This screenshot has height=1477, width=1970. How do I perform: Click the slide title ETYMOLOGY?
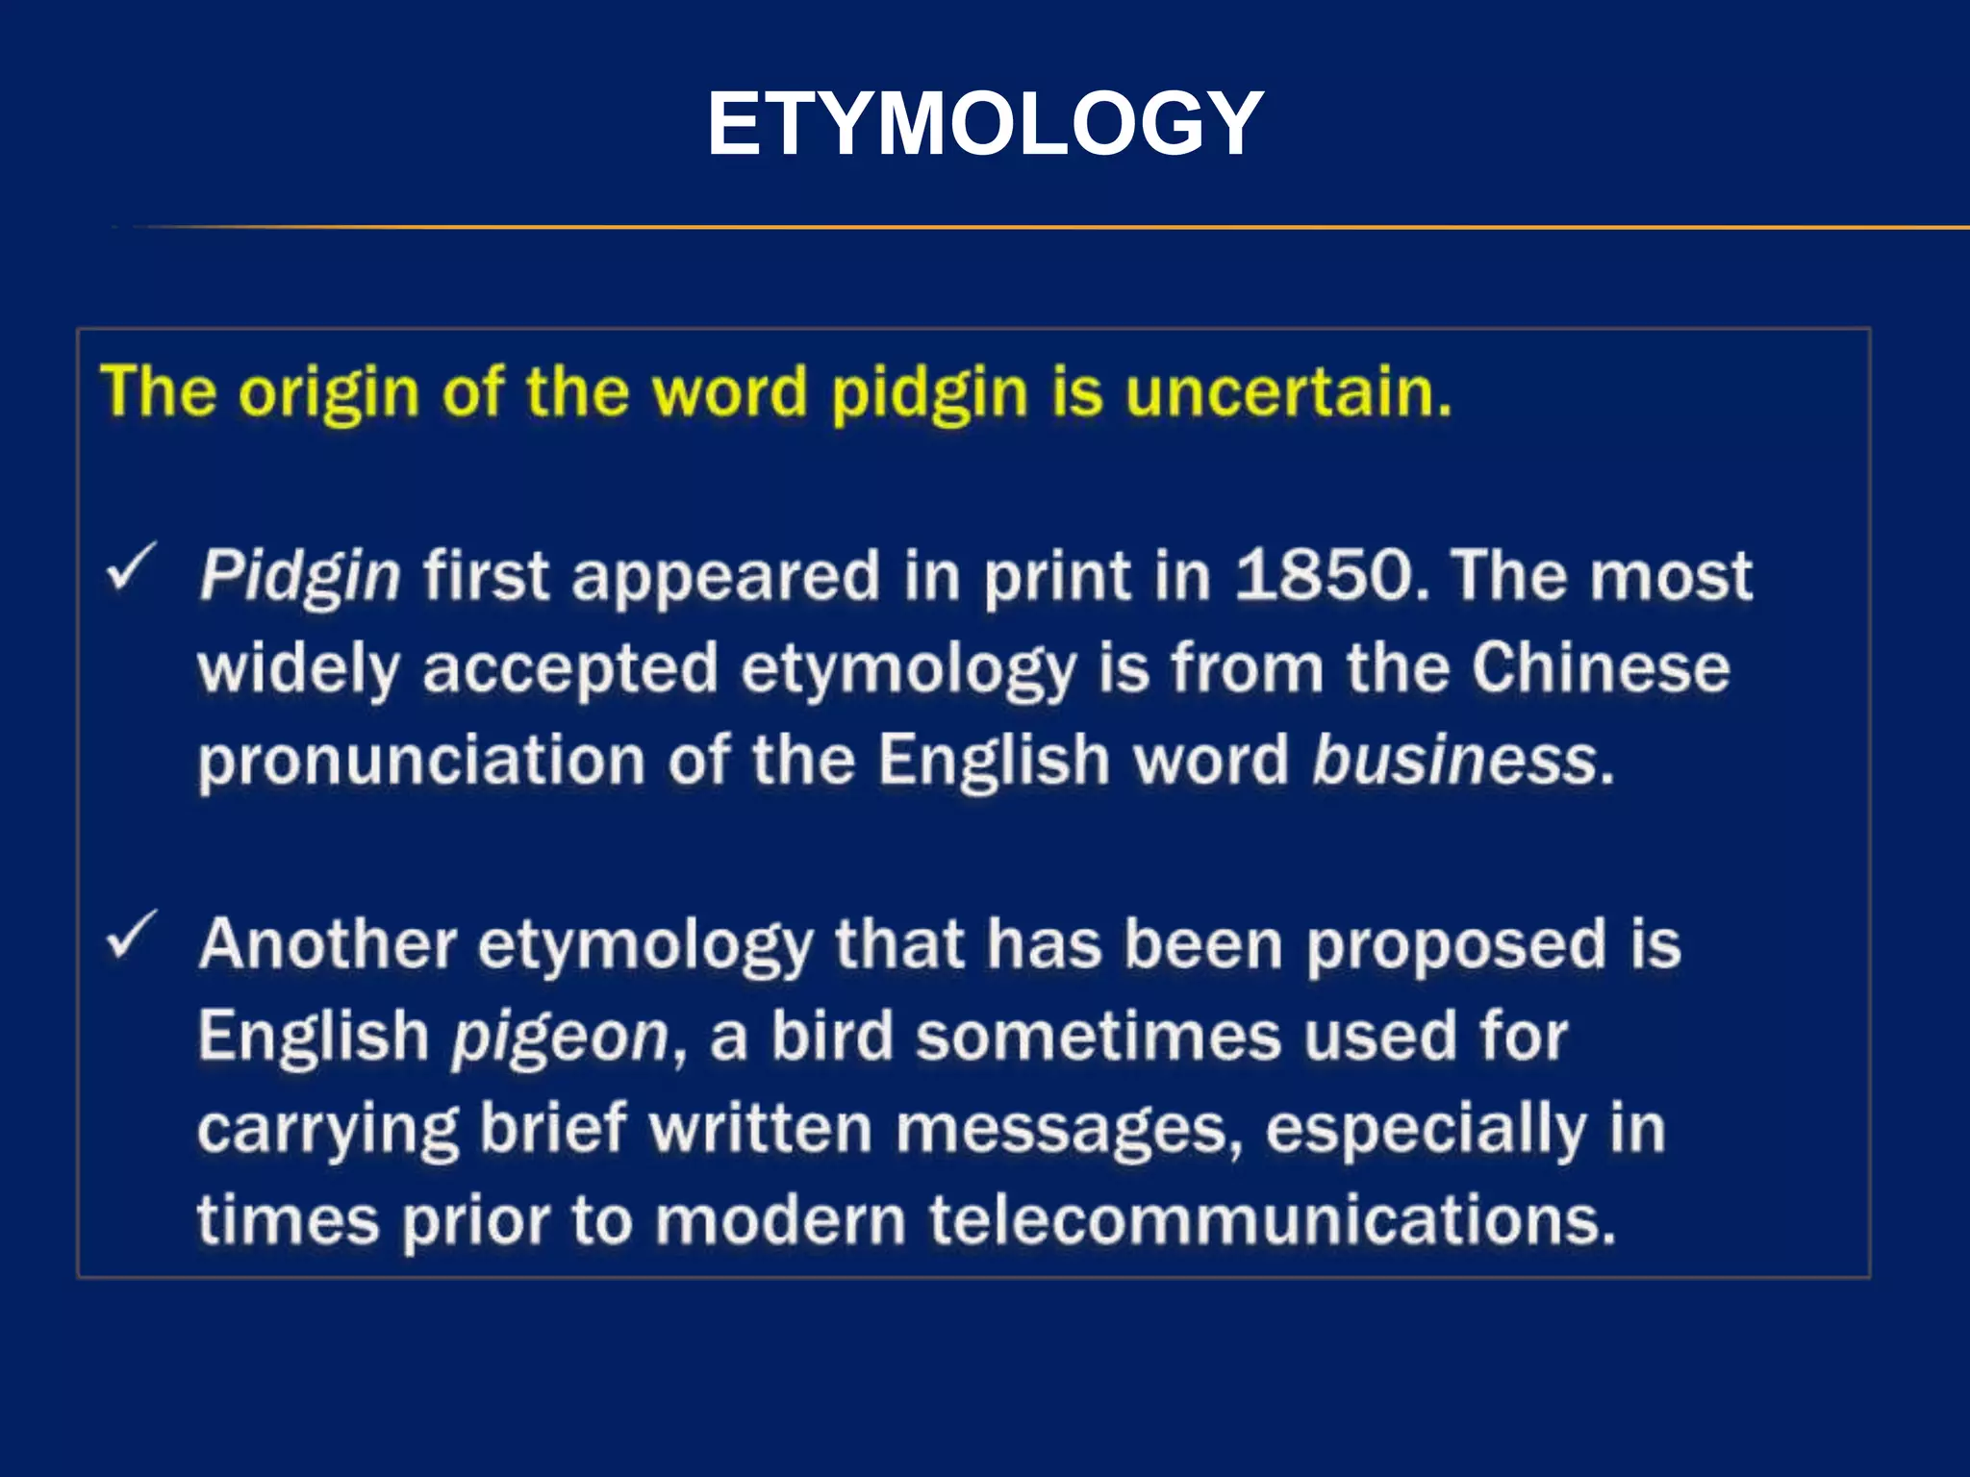click(985, 123)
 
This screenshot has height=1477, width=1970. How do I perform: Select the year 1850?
click(1325, 575)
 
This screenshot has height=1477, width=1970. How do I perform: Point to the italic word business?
click(1454, 760)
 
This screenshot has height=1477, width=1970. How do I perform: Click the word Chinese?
click(1601, 667)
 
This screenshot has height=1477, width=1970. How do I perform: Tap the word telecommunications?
click(1272, 1219)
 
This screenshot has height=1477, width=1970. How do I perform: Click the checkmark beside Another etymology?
click(131, 935)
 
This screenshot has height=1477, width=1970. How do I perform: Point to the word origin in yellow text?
click(328, 393)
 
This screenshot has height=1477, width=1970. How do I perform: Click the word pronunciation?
click(421, 761)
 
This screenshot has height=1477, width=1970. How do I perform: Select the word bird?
click(832, 1036)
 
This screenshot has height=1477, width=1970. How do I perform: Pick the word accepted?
click(570, 667)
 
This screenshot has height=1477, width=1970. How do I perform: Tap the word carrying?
click(328, 1129)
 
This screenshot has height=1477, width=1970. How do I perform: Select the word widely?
click(298, 669)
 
